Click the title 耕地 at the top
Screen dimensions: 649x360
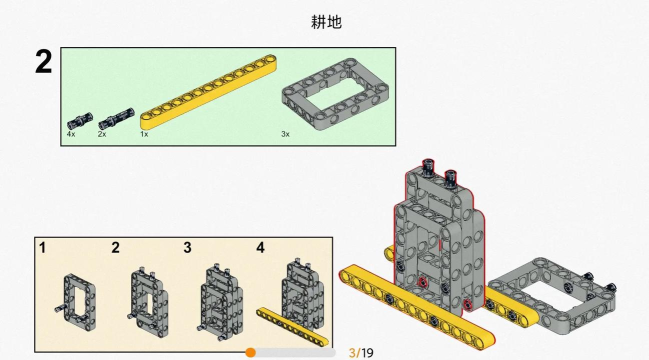(326, 22)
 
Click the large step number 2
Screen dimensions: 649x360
(43, 62)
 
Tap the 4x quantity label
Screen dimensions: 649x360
(71, 134)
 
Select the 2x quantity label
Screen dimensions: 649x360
(102, 134)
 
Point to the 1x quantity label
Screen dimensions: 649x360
(144, 134)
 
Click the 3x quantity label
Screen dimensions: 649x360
(286, 134)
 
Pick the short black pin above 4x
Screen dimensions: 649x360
(80, 120)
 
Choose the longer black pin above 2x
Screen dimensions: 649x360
(116, 118)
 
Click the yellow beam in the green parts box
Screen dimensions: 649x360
(209, 92)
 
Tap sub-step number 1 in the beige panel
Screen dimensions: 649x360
(42, 247)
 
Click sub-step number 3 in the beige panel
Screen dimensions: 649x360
(187, 247)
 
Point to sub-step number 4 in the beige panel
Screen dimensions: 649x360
(260, 247)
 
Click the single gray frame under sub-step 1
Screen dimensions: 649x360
(67, 302)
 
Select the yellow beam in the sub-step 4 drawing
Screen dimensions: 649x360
(292, 327)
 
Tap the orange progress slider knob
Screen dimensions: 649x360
(250, 353)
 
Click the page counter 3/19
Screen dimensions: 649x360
(361, 353)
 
